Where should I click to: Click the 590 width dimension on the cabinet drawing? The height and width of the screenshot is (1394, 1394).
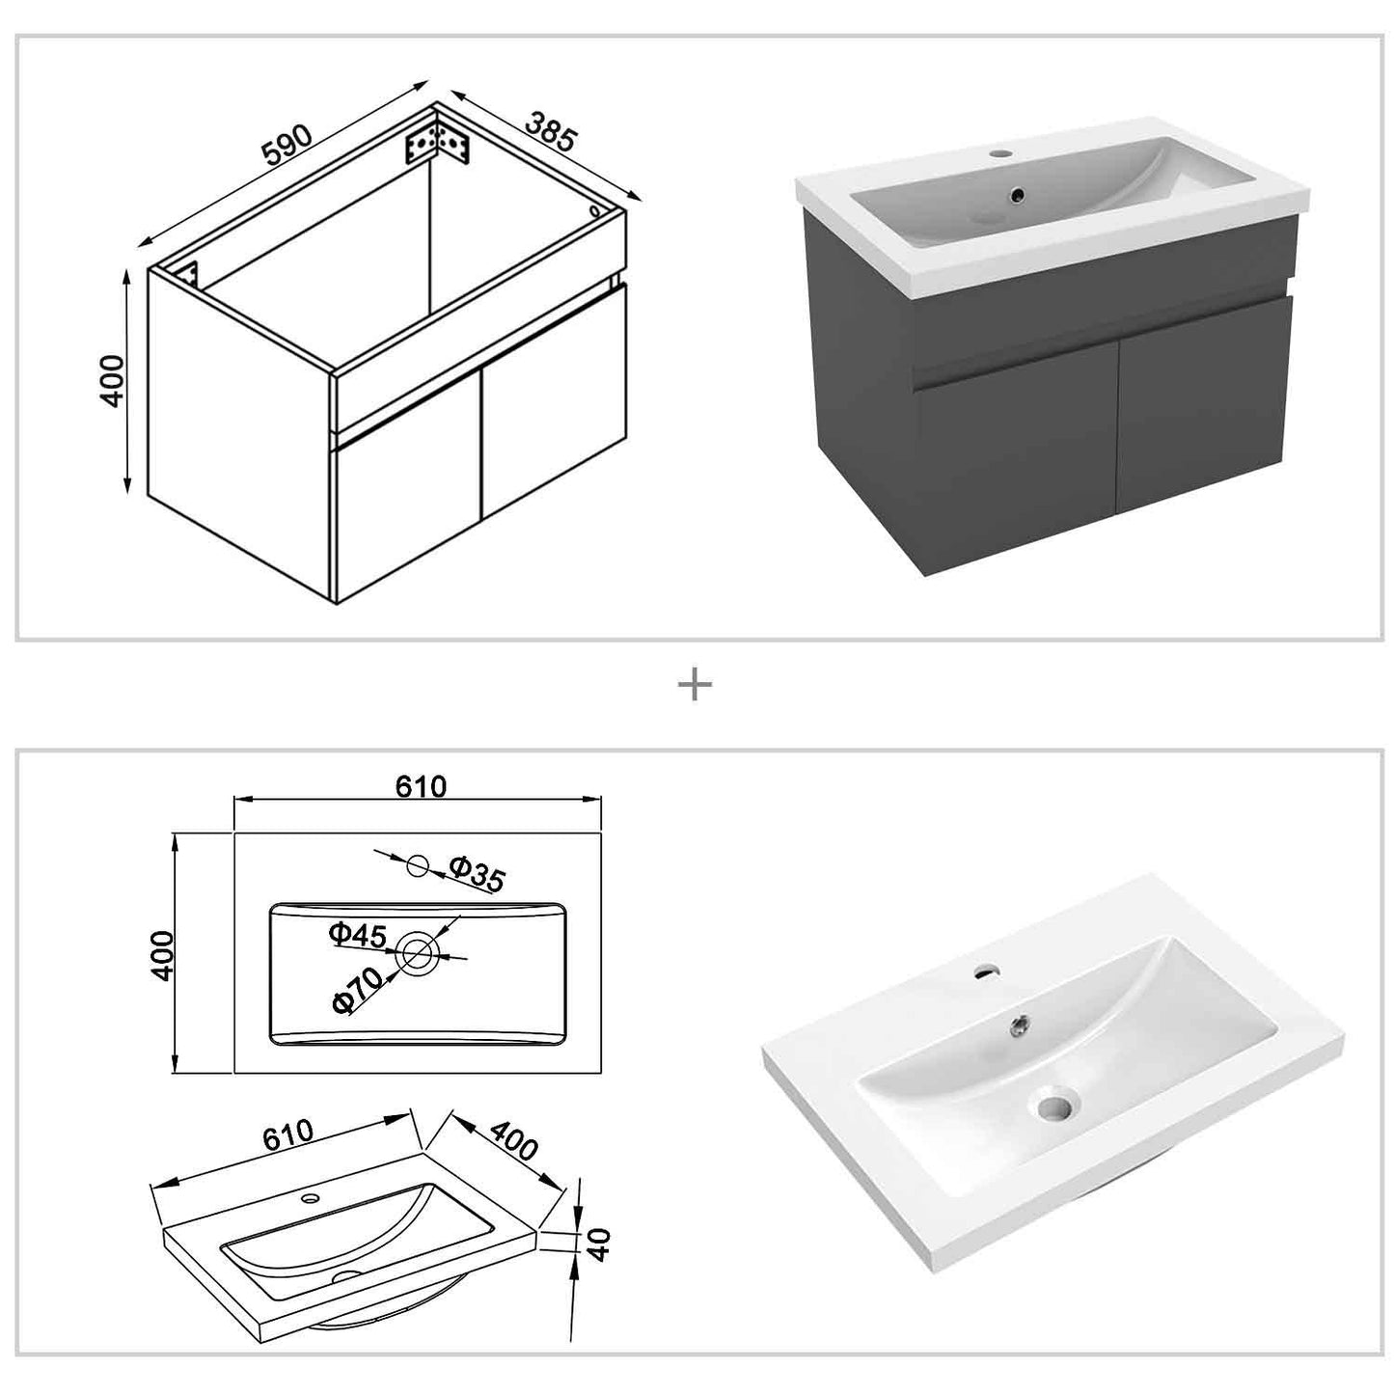(286, 143)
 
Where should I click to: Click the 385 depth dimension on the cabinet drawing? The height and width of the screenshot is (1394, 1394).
(551, 131)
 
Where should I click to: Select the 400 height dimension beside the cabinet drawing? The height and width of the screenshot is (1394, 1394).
(113, 380)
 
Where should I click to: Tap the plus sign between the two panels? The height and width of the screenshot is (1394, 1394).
(695, 686)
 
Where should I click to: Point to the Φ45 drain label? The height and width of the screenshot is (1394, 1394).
(357, 935)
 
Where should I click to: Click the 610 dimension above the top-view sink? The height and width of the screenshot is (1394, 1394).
(421, 787)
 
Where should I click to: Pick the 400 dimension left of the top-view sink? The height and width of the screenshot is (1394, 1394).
(161, 955)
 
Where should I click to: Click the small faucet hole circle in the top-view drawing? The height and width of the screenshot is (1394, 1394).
(418, 865)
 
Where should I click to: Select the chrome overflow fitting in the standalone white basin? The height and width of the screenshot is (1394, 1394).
(1017, 1026)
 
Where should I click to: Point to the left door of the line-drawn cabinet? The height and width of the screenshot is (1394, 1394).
(405, 506)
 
